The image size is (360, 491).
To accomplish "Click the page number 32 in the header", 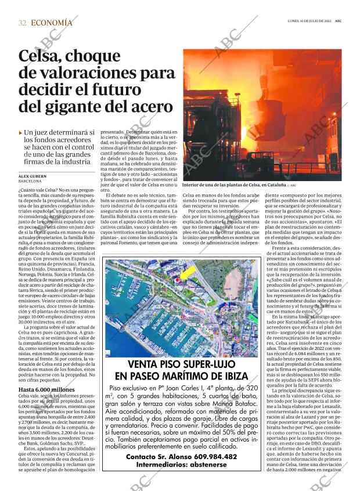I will (22, 23).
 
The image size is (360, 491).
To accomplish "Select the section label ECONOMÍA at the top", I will (52, 23).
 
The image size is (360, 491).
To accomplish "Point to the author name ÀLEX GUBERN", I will (32, 176).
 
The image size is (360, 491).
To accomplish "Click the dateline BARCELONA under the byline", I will (30, 181).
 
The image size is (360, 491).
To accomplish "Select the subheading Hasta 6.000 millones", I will (46, 389).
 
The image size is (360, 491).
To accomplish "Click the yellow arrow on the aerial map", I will (188, 272).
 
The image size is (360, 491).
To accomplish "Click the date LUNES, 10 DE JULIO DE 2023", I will (309, 21).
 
